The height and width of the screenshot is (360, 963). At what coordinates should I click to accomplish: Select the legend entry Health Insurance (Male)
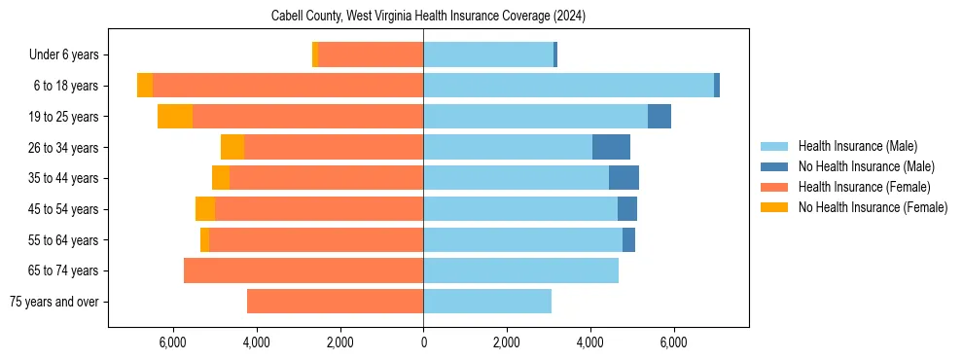pos(857,146)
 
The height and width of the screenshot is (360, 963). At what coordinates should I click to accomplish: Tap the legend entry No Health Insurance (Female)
pos(873,207)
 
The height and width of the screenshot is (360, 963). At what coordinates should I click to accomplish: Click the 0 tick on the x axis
pos(423,342)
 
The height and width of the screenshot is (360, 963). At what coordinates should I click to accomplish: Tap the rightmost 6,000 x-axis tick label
pos(673,342)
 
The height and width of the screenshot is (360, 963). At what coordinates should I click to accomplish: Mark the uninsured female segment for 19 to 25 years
pos(175,117)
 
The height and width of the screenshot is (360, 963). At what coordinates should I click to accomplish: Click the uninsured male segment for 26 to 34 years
pos(611,148)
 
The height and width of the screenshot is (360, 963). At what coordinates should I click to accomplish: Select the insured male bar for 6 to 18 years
pos(568,86)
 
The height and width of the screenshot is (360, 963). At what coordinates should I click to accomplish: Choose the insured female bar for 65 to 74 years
pos(303,270)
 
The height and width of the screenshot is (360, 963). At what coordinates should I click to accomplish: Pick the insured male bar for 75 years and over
pos(487,302)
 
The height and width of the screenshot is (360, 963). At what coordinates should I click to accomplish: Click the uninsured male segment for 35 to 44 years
pos(624,178)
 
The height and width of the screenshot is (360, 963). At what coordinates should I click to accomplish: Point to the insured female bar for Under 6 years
pos(371,55)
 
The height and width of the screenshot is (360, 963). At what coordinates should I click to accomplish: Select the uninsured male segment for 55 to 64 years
pos(628,239)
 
